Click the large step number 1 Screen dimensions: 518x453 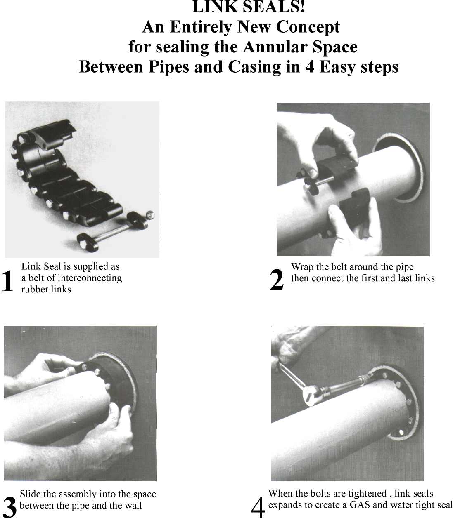tap(7, 282)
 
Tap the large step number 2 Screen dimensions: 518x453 tap(277, 280)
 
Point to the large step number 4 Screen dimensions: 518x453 tap(259, 507)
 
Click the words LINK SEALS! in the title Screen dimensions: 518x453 tap(248, 7)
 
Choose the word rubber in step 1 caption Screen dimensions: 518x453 tap(35, 290)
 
